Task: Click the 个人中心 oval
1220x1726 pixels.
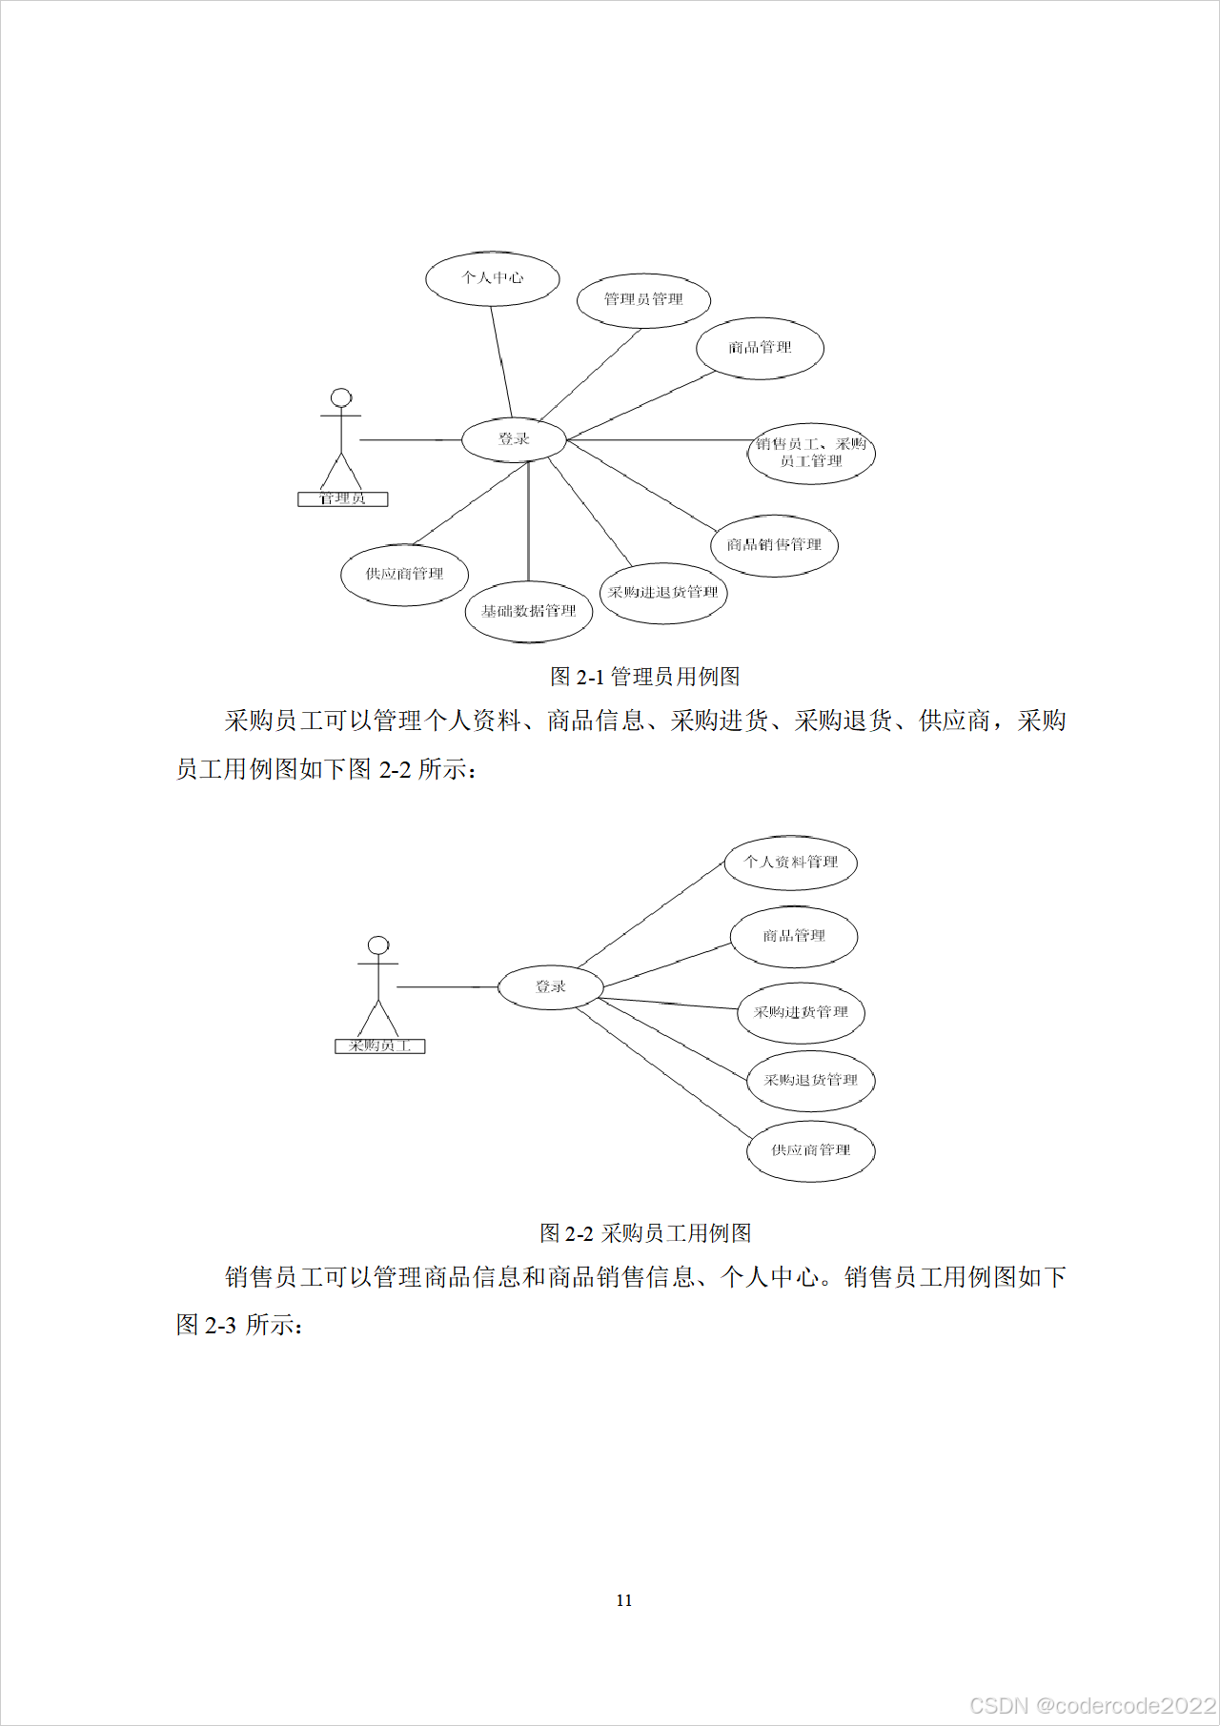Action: click(x=492, y=278)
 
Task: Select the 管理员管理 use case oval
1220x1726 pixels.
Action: click(x=643, y=299)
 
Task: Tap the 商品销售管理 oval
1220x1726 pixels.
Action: click(x=774, y=545)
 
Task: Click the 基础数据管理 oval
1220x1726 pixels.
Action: click(x=529, y=611)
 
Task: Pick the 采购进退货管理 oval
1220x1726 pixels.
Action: click(x=663, y=593)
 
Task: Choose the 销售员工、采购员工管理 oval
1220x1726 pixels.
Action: click(x=811, y=453)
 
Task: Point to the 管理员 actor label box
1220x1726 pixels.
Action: click(x=342, y=498)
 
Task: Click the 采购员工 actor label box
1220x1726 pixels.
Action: click(x=379, y=1046)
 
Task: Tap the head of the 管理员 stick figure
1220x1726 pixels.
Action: click(x=340, y=397)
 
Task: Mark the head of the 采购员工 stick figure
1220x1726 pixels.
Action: click(x=378, y=944)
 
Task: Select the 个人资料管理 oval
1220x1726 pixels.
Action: click(x=791, y=863)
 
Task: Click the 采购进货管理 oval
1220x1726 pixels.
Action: click(x=801, y=1012)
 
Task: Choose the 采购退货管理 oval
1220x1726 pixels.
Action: click(x=810, y=1081)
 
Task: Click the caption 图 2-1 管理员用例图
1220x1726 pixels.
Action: click(x=645, y=677)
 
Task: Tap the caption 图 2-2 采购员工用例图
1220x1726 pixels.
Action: click(x=645, y=1233)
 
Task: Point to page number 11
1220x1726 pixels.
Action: click(x=624, y=1600)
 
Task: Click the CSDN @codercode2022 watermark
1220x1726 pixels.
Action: click(x=1092, y=1705)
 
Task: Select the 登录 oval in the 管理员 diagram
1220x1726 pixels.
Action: click(x=514, y=439)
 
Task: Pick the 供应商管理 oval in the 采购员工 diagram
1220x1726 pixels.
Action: click(x=810, y=1150)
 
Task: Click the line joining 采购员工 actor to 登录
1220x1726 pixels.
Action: click(x=447, y=987)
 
